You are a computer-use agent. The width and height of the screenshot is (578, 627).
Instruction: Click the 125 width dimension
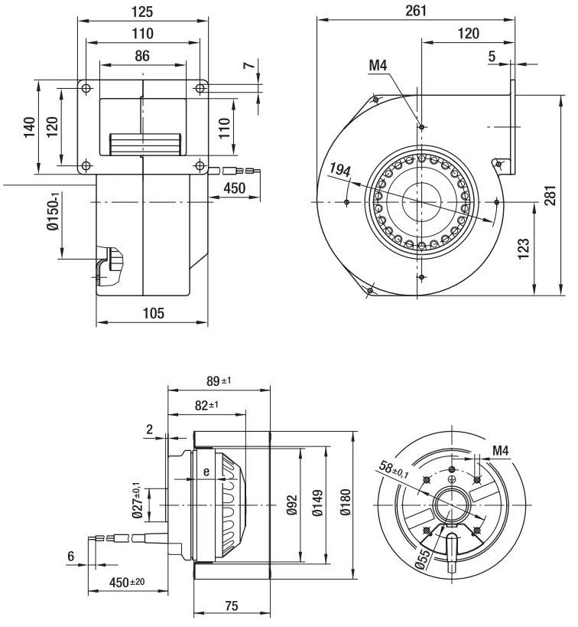click(x=142, y=11)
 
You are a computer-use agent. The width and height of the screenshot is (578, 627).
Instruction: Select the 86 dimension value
click(x=142, y=55)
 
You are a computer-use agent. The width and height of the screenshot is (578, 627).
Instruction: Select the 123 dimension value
click(x=523, y=247)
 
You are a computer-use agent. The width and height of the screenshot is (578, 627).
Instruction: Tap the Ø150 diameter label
click(x=52, y=212)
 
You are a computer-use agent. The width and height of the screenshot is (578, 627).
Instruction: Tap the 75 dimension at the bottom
click(x=232, y=606)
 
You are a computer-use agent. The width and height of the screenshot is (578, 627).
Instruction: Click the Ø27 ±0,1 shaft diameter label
click(x=138, y=501)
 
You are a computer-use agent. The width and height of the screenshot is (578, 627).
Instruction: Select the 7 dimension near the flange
click(x=248, y=65)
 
